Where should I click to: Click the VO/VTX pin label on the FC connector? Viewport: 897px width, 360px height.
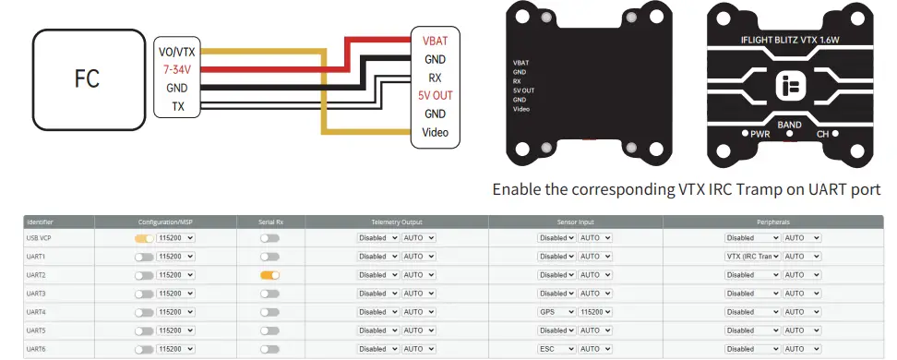click(x=176, y=52)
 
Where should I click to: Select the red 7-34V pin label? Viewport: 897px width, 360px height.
click(x=176, y=69)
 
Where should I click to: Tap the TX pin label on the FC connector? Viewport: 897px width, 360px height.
click(x=176, y=106)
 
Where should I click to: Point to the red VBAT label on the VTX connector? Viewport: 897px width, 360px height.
click(x=435, y=41)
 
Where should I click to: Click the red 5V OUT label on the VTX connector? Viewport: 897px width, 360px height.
click(x=435, y=95)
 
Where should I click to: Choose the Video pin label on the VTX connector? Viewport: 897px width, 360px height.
click(x=435, y=132)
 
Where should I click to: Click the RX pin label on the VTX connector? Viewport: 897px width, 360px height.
click(x=435, y=78)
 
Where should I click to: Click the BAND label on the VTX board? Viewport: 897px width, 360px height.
click(x=789, y=124)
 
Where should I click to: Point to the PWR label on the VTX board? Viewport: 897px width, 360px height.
click(x=760, y=134)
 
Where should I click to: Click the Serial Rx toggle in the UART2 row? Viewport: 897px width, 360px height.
click(x=269, y=274)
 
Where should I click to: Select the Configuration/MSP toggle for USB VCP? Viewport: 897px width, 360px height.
click(x=144, y=237)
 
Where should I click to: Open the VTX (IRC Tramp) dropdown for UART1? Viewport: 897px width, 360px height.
click(x=752, y=256)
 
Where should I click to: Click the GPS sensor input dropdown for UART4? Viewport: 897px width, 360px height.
click(x=556, y=311)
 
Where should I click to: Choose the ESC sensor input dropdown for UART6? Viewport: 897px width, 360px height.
click(x=556, y=348)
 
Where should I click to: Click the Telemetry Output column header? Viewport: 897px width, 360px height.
click(x=396, y=222)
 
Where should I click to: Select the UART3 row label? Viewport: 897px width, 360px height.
click(x=37, y=293)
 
